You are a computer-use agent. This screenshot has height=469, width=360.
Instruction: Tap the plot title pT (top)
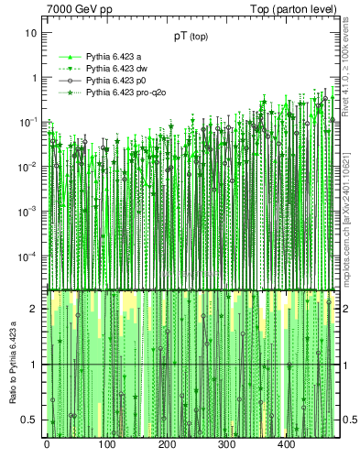(191, 38)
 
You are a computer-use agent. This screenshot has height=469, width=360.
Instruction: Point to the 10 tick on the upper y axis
(31, 33)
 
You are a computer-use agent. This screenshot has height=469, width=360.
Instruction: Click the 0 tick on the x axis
(47, 444)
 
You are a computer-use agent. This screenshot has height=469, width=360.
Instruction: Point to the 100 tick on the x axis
(106, 444)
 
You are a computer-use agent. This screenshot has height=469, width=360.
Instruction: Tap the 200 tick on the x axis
(167, 444)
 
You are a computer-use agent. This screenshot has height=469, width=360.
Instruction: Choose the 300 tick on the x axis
(226, 444)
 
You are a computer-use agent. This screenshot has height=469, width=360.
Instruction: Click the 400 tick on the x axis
(286, 444)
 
